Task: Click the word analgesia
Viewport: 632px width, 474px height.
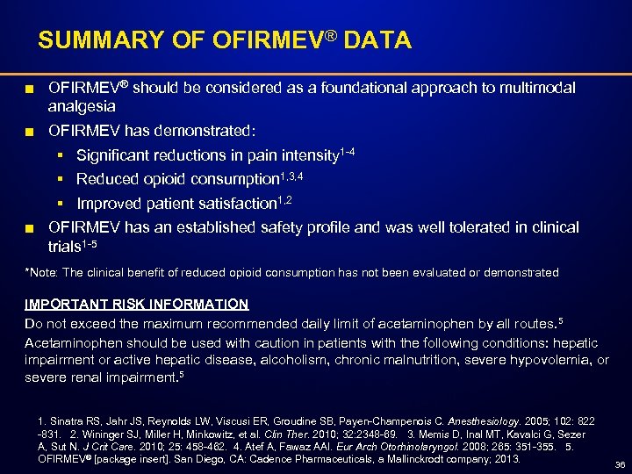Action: pos(82,105)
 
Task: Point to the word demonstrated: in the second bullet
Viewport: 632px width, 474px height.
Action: pos(205,131)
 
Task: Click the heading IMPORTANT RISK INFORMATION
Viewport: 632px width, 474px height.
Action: pos(136,305)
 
